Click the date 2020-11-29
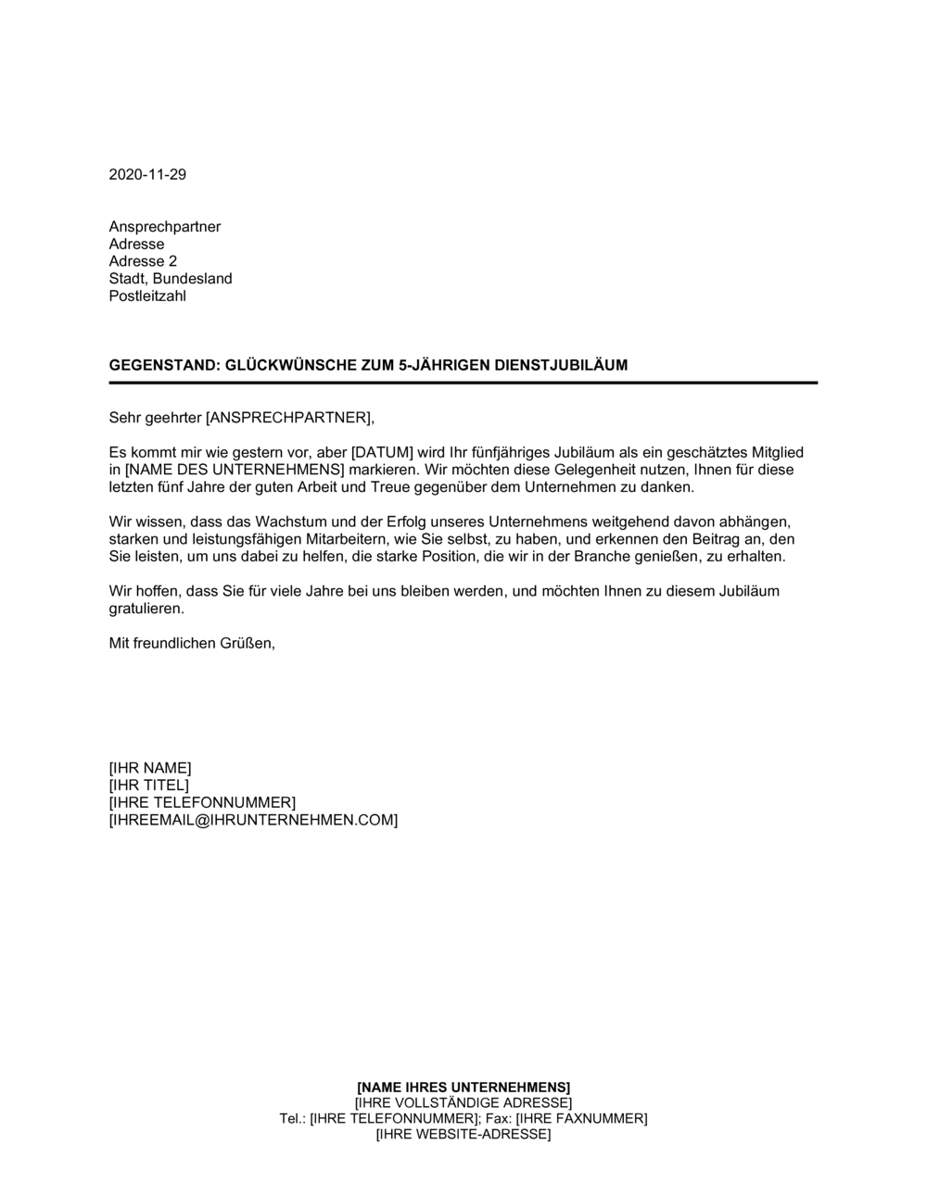point(147,174)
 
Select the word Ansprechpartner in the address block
point(165,227)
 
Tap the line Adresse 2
point(143,261)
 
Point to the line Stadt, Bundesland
point(171,279)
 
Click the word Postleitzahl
point(147,296)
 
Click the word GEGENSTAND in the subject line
point(163,365)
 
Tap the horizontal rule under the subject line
point(463,383)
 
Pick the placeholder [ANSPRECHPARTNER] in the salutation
point(288,418)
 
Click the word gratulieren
point(146,609)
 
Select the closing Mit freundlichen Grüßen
point(192,643)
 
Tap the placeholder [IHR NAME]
point(150,768)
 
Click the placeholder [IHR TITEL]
point(148,786)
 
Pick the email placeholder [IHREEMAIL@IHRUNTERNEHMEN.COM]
point(253,821)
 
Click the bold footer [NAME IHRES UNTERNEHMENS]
point(463,1087)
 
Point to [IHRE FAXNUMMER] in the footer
point(581,1119)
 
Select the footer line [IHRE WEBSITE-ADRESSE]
point(463,1135)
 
